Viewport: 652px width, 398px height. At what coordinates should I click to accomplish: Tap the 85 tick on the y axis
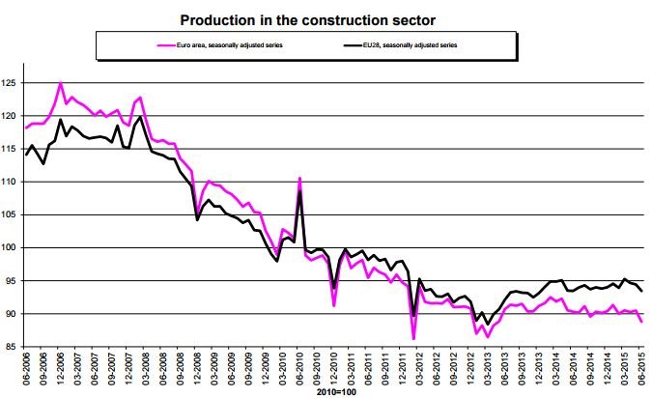(x=13, y=347)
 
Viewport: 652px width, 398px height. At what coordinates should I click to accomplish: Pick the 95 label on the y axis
(x=13, y=281)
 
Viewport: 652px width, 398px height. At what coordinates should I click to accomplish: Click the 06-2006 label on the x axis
(x=26, y=372)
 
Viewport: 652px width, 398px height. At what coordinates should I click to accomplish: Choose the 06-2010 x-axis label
(x=299, y=372)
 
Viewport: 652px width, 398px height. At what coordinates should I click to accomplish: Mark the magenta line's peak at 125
(x=61, y=83)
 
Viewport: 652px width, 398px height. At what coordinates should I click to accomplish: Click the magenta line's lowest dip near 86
(x=413, y=338)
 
